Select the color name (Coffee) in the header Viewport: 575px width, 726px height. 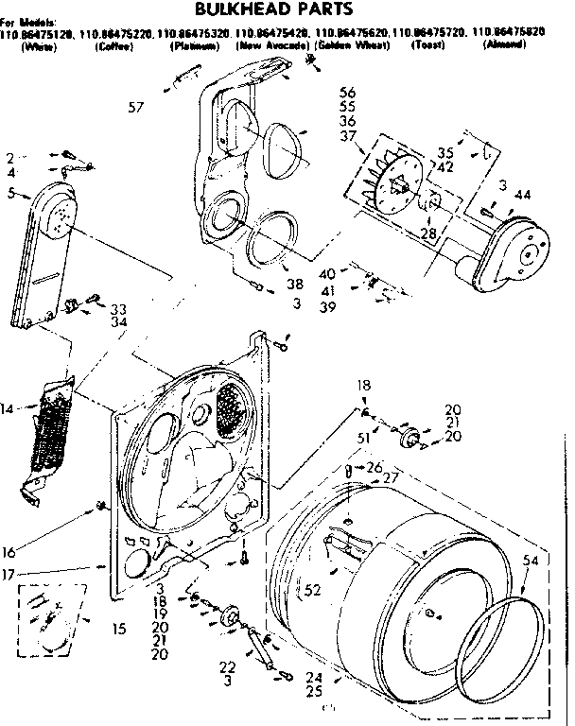coord(113,45)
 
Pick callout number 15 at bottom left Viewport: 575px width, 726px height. coord(118,628)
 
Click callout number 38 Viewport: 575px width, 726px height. coord(296,283)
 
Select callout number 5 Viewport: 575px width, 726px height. coord(11,193)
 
